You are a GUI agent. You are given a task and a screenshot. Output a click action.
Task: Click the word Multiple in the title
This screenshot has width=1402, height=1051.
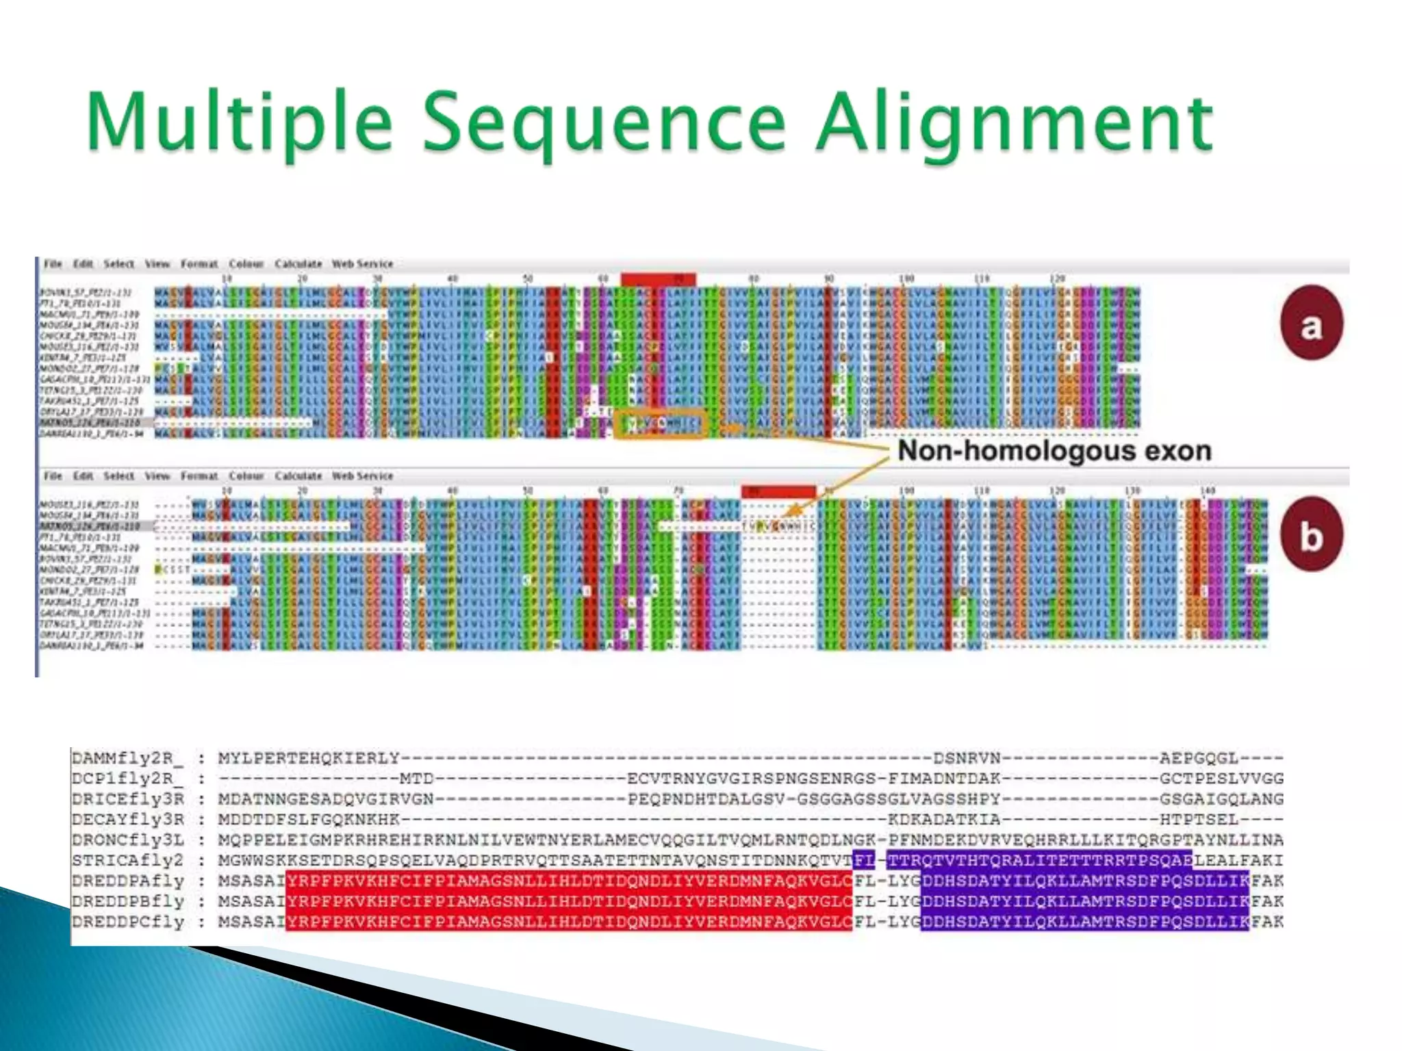coord(240,123)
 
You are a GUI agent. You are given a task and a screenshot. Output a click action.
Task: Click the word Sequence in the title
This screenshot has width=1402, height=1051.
coord(602,123)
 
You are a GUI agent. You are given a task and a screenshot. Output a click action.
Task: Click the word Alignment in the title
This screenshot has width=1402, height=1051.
coord(1013,123)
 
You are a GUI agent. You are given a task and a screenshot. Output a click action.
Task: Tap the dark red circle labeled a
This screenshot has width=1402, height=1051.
coord(1311,323)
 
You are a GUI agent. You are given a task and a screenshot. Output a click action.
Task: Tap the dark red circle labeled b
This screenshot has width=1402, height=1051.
coord(1311,534)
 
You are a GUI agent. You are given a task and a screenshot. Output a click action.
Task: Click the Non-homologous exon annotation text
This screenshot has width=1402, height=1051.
coord(1054,451)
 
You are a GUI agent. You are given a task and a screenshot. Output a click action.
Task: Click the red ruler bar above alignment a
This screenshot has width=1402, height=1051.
coord(658,279)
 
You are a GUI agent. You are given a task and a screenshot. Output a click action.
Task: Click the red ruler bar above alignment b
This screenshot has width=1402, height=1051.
coord(778,491)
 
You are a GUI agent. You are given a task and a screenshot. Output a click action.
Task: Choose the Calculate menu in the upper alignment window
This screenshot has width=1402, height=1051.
coord(298,263)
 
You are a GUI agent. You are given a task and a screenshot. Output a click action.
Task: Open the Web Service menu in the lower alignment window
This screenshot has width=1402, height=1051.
coord(362,476)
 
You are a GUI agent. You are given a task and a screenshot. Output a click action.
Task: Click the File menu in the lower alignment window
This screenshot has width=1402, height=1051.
coord(53,476)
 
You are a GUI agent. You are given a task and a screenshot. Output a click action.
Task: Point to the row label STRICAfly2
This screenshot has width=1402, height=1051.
coord(127,860)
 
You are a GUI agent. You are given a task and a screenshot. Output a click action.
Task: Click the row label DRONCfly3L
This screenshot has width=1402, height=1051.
coord(127,840)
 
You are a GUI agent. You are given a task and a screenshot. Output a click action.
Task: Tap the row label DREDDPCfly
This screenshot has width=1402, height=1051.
coord(127,922)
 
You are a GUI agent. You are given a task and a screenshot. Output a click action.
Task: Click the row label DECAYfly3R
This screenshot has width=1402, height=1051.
coord(127,819)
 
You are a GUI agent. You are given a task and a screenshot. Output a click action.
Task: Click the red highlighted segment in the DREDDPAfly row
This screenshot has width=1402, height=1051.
coord(568,881)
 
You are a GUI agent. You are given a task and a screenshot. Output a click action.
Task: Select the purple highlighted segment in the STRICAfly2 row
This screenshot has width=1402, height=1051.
coord(1039,860)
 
